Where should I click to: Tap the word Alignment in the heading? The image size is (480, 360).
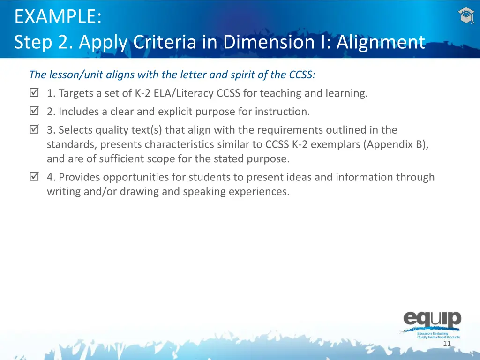[381, 42]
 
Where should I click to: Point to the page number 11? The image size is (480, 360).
[447, 344]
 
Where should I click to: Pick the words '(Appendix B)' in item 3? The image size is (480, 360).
[395, 144]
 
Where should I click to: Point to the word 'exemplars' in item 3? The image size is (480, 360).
[337, 144]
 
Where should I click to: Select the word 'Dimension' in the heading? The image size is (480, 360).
[269, 42]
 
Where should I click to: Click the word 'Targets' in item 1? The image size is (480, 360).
[75, 93]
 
